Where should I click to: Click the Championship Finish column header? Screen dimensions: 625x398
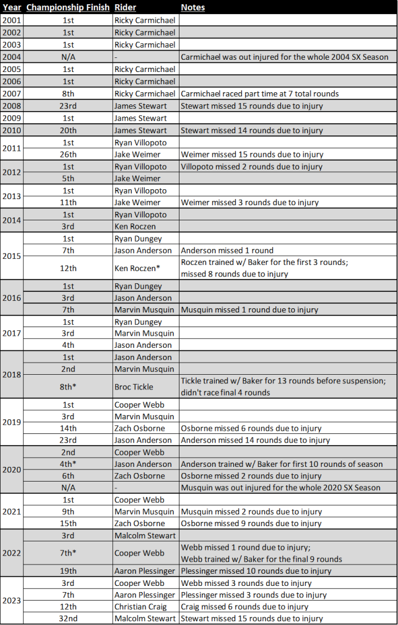[x=68, y=7]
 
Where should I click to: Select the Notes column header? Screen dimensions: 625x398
[x=193, y=7]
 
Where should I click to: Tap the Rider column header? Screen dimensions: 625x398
[x=125, y=7]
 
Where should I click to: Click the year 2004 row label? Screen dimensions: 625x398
[x=12, y=57]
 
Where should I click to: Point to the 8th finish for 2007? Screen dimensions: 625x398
[x=68, y=93]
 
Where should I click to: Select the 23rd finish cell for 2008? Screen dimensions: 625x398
[x=68, y=106]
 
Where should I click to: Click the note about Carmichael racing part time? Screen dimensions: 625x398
[x=260, y=93]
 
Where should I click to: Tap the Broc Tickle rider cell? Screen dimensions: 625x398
[x=134, y=386]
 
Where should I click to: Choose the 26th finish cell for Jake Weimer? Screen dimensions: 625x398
[x=68, y=154]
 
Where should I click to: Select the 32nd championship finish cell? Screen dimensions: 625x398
[x=68, y=618]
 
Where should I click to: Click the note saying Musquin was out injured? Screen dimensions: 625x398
[x=281, y=488]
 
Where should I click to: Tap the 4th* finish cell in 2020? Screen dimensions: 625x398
[x=68, y=464]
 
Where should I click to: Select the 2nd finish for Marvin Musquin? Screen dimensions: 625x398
[x=68, y=369]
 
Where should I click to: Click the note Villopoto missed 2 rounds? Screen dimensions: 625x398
[x=250, y=166]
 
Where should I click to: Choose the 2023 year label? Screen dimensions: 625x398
[x=12, y=601]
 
